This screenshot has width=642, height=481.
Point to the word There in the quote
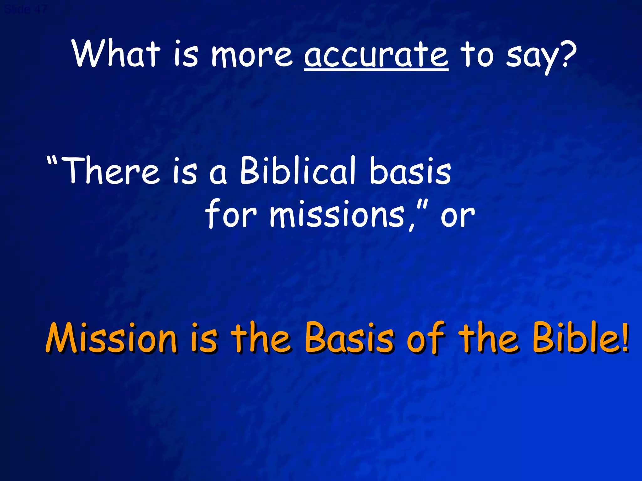point(111,171)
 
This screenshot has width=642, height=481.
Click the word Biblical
point(298,171)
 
